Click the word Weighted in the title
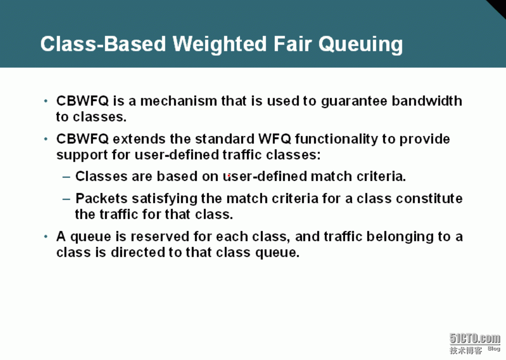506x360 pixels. [220, 44]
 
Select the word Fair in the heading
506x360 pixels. [292, 44]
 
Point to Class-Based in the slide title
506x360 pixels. [103, 44]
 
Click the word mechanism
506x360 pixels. [178, 101]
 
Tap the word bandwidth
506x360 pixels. [427, 101]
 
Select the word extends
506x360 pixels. [139, 139]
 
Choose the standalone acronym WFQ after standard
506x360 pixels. [274, 139]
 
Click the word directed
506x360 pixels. [137, 252]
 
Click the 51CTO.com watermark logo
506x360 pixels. [475, 339]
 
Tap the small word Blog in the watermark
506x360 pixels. [494, 349]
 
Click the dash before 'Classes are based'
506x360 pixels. [66, 177]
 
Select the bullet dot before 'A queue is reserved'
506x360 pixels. [46, 237]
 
